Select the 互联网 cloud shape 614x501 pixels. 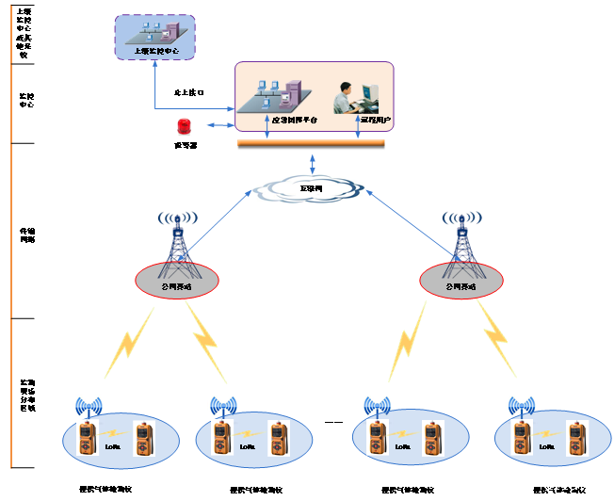pyautogui.click(x=308, y=189)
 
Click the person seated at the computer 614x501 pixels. pyautogui.click(x=350, y=98)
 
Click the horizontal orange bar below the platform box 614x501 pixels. pyautogui.click(x=311, y=144)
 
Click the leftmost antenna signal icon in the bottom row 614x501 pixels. pyautogui.click(x=89, y=408)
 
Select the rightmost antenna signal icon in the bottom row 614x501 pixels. pyautogui.click(x=521, y=408)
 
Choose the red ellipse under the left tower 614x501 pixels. pyautogui.click(x=176, y=279)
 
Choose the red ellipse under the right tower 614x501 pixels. pyautogui.click(x=460, y=279)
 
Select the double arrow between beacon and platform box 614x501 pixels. pyautogui.click(x=218, y=125)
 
